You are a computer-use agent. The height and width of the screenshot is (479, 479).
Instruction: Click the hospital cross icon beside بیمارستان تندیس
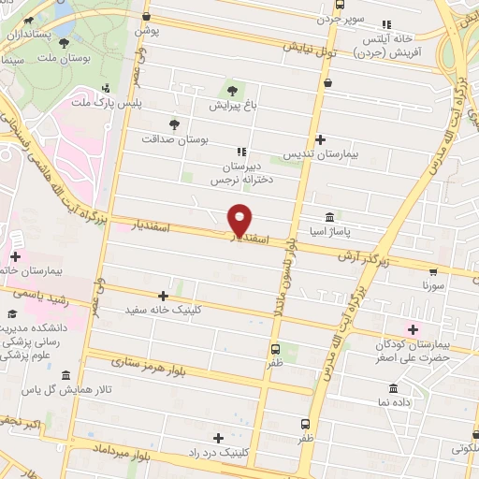click(321, 139)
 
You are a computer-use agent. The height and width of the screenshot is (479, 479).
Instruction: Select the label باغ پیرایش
click(231, 107)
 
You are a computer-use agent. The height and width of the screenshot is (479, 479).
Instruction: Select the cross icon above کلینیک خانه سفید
click(164, 295)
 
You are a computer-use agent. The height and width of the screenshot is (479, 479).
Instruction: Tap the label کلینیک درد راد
click(218, 454)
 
